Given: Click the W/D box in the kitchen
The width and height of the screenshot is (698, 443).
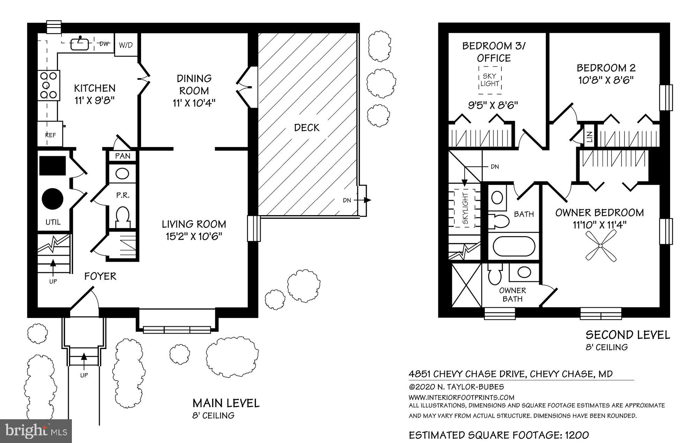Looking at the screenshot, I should click(x=126, y=45).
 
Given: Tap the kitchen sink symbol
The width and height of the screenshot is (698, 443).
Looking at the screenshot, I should click(x=80, y=44).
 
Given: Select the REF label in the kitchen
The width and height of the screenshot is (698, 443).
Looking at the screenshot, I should click(x=50, y=135).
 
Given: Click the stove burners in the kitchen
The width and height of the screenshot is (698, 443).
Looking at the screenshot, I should click(x=49, y=85).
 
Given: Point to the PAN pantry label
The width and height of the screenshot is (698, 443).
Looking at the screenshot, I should click(x=122, y=156).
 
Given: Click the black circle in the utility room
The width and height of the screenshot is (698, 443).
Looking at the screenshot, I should click(x=53, y=198).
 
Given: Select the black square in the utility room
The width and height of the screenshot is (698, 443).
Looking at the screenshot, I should click(x=52, y=166).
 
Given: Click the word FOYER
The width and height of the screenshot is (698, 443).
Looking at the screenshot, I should click(x=100, y=276).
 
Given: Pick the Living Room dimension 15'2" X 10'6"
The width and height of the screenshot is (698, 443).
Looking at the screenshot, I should click(x=194, y=237).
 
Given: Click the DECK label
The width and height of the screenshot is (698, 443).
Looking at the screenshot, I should click(x=306, y=128).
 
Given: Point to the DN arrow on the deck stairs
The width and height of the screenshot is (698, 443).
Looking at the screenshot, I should click(x=366, y=200).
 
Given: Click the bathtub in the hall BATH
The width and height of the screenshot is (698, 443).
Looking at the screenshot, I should click(x=513, y=247).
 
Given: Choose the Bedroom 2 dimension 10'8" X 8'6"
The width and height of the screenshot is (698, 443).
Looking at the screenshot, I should click(x=606, y=80).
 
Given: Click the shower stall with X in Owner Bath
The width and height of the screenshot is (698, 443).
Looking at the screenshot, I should click(x=466, y=285).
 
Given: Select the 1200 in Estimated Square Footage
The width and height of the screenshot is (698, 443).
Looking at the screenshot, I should click(x=577, y=435).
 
